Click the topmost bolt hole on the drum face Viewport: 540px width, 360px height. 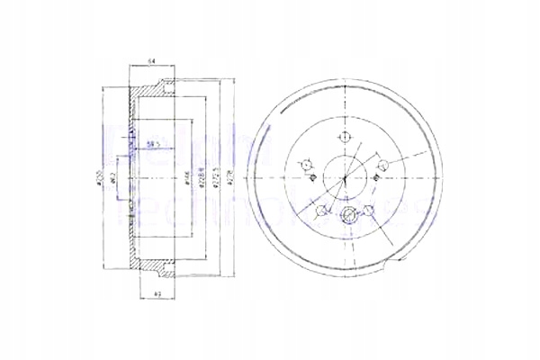(x=343, y=137)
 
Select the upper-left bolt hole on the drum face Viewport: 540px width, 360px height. (x=304, y=164)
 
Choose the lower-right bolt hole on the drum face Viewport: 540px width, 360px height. (x=368, y=211)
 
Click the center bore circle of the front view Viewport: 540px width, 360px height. (x=343, y=176)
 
